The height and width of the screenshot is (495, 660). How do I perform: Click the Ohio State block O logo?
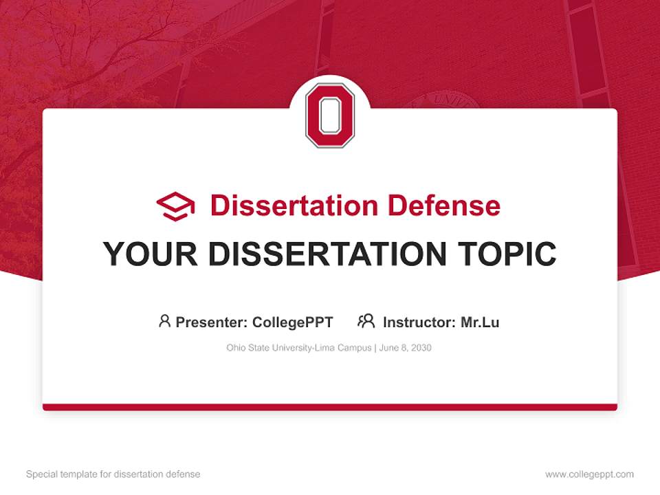[x=330, y=115]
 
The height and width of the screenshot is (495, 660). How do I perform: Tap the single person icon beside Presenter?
[x=164, y=321]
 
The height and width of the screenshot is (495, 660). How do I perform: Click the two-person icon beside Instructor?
[x=366, y=321]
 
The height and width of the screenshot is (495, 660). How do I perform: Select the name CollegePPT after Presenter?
[x=293, y=322]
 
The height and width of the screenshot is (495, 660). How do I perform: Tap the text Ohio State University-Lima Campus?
[x=299, y=348]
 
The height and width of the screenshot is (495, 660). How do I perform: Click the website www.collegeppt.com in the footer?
[x=589, y=474]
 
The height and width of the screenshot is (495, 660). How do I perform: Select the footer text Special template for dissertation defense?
[x=113, y=474]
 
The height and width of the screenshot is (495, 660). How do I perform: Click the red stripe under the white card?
[x=330, y=407]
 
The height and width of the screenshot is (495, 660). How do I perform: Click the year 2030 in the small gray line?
[x=421, y=348]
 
